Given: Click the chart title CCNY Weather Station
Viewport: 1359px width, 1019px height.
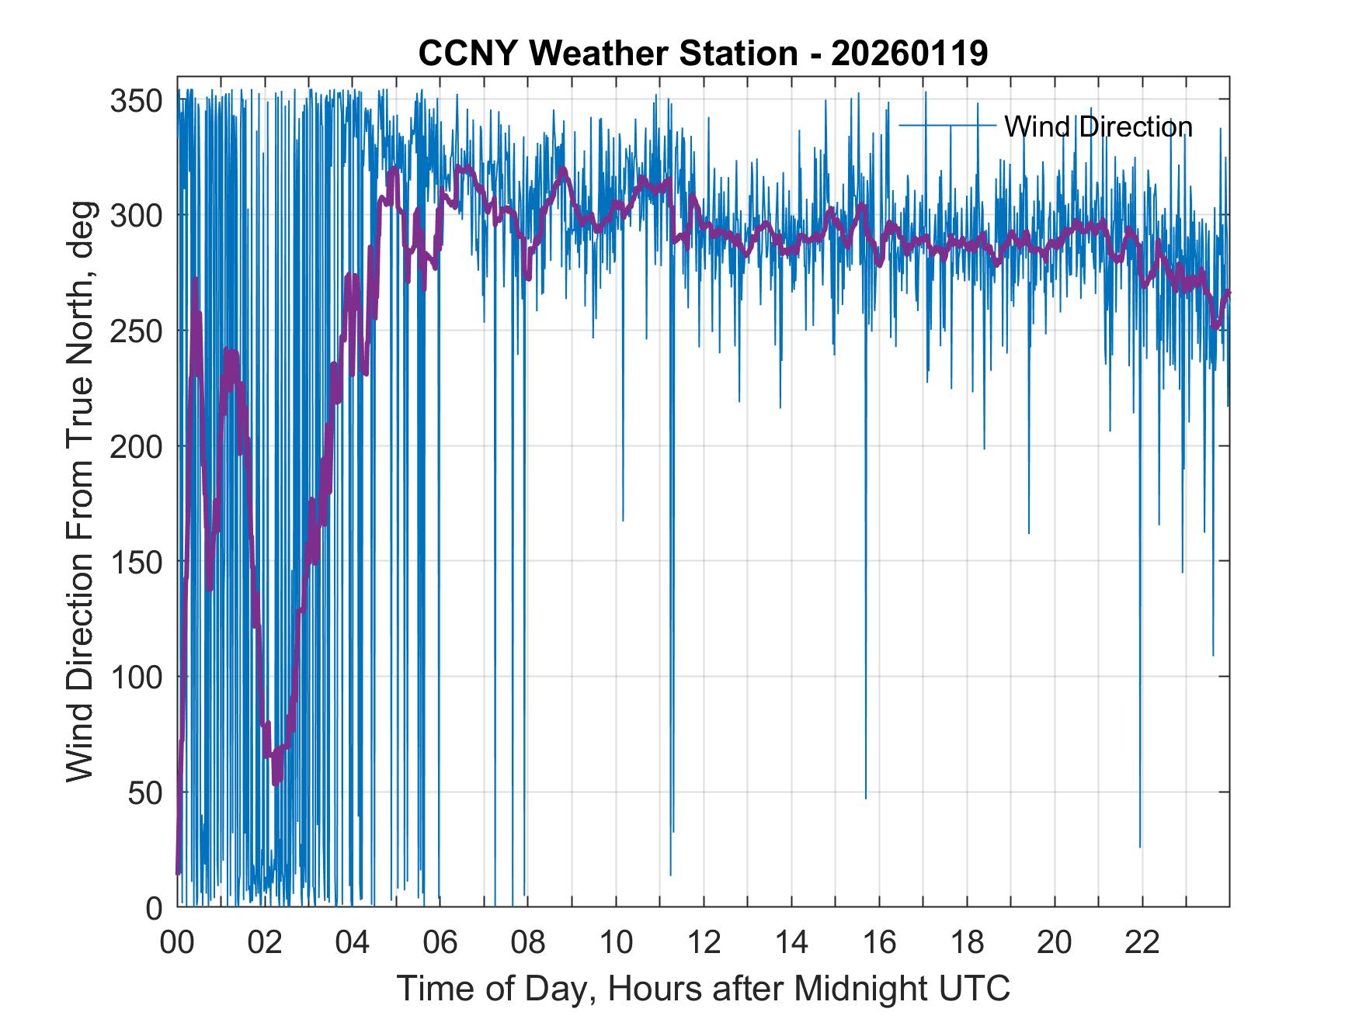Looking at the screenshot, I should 607,54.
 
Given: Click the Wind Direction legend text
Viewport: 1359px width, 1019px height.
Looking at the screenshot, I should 1097,127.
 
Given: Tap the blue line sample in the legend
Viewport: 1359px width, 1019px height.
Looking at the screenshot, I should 947,126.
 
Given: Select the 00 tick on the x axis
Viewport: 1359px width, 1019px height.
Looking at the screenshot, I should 177,943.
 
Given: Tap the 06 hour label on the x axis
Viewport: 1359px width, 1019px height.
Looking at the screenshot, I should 440,943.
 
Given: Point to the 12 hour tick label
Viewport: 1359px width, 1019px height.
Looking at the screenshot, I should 704,943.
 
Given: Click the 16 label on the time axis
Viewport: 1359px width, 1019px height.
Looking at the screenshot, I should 879,943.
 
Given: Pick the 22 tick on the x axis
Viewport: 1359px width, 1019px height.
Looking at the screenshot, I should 1142,943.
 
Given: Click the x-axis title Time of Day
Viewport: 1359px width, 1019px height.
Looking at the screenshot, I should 704,988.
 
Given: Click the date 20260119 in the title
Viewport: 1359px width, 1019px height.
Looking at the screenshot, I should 909,54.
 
